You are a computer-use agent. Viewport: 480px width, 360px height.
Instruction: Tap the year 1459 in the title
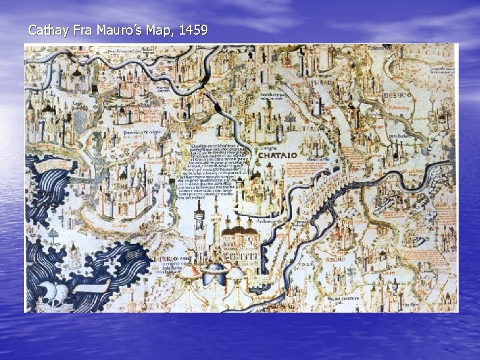193,30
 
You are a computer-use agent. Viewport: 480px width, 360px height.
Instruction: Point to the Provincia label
141,133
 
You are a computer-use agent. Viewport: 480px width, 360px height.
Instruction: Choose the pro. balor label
399,137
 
